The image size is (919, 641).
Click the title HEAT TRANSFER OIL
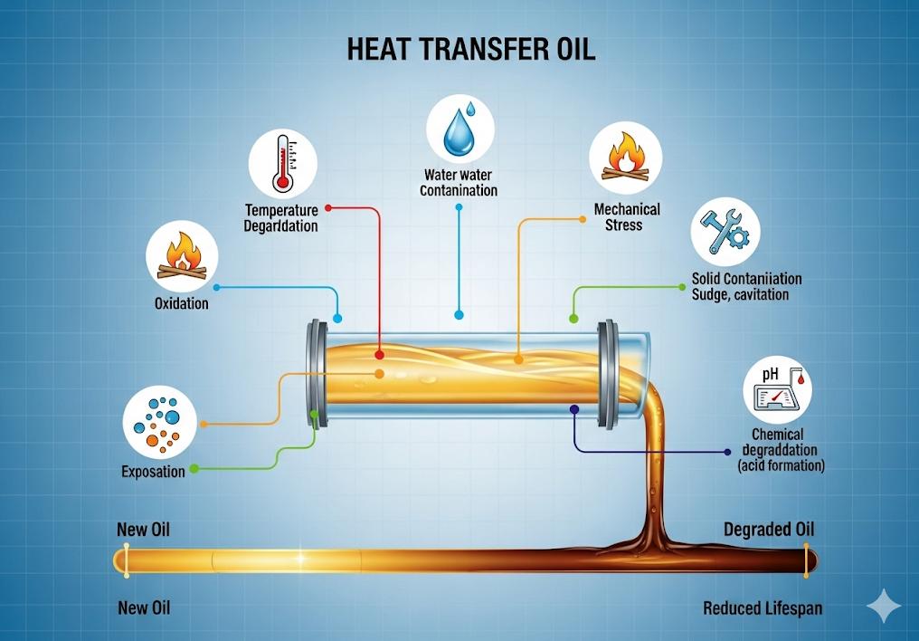point(471,49)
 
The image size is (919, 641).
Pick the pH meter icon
point(777,390)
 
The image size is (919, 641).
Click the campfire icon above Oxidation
point(181,257)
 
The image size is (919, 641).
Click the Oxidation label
point(182,303)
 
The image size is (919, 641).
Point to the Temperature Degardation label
point(281,218)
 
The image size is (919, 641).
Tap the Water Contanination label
point(459,182)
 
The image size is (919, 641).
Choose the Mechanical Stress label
point(626,216)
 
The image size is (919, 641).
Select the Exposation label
point(153,472)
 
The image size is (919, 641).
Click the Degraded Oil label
point(769,530)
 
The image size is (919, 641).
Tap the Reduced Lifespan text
point(763,608)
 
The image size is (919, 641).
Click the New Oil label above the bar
point(143,530)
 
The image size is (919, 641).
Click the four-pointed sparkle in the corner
point(883,605)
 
